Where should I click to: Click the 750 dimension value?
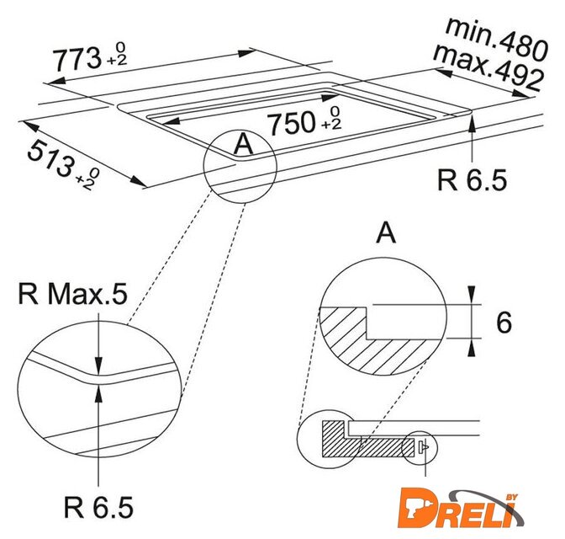point(293,123)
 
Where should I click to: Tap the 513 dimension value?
point(50,159)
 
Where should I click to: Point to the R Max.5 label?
point(72,294)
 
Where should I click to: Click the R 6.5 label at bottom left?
point(98,507)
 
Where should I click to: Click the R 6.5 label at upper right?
point(472,179)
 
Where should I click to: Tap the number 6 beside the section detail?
point(504,323)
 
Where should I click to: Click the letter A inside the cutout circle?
point(244,144)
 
